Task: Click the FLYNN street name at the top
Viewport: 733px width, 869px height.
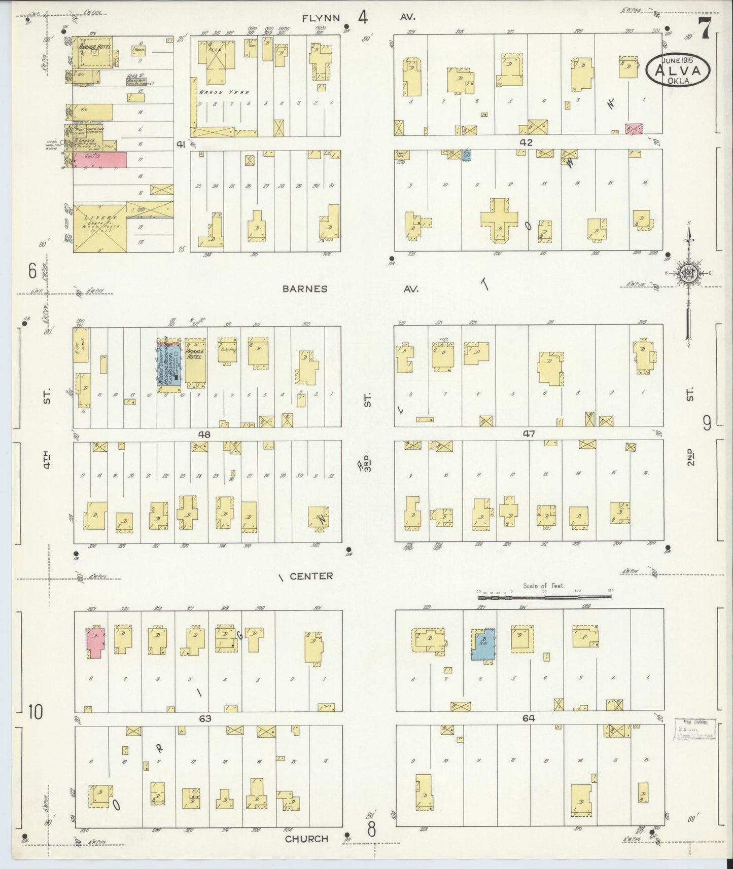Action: click(321, 18)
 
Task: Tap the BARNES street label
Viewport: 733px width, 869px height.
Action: click(305, 289)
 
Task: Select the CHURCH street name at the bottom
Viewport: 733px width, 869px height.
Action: click(306, 839)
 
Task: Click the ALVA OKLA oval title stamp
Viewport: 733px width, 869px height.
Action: click(678, 70)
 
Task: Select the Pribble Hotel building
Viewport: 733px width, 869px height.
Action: click(195, 363)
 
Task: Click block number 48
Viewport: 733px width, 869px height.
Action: click(204, 434)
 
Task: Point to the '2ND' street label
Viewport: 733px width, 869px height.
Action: click(690, 456)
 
